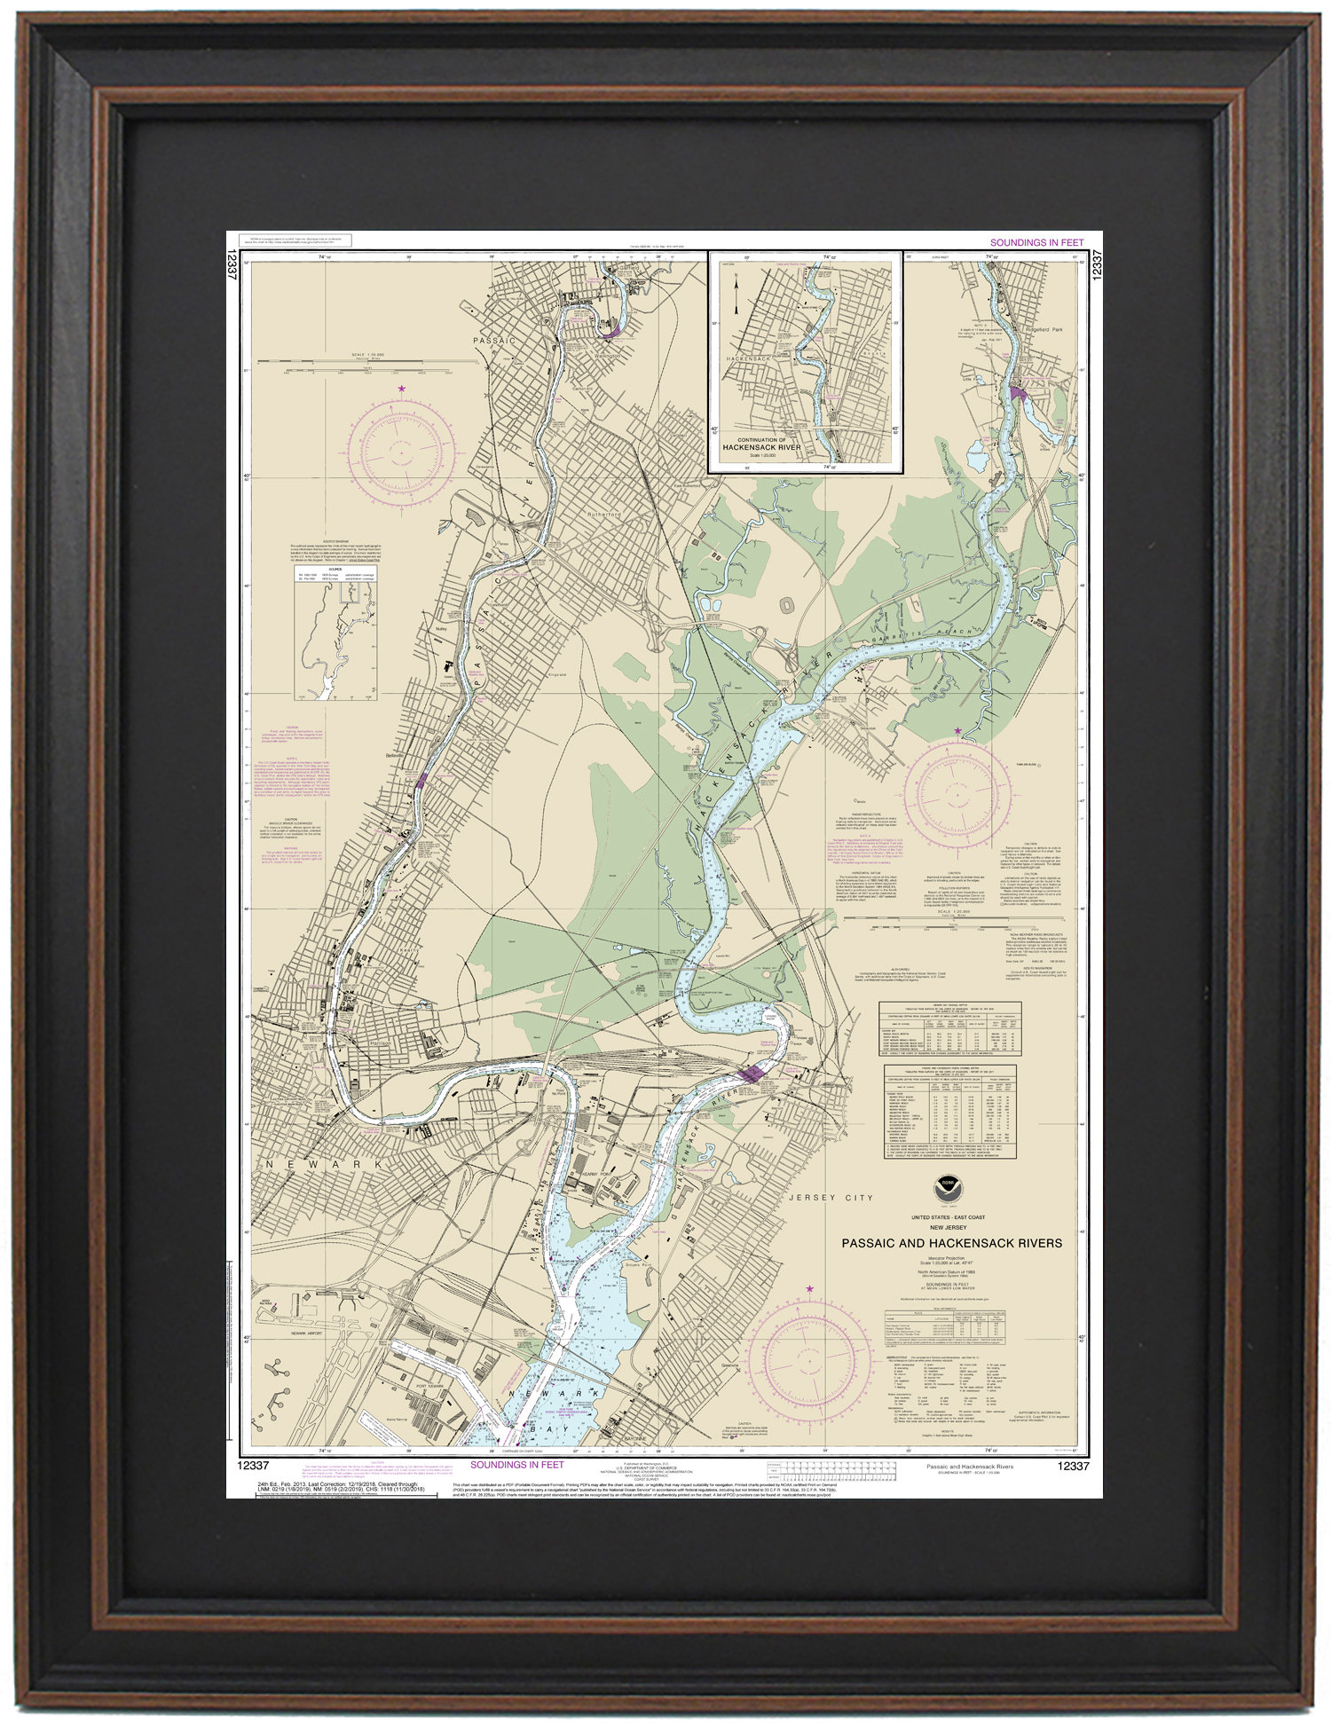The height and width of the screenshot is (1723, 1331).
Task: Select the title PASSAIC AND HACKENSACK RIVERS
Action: pyautogui.click(x=951, y=1243)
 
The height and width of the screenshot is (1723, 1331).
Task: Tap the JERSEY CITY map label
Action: pyautogui.click(x=831, y=1198)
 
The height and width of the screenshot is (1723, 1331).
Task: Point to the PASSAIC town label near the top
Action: pyautogui.click(x=494, y=341)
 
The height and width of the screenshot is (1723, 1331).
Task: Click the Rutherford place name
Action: pyautogui.click(x=604, y=515)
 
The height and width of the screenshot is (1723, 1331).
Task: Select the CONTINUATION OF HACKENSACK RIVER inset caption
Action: pyautogui.click(x=761, y=444)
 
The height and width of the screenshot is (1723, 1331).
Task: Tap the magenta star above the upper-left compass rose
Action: pyautogui.click(x=402, y=389)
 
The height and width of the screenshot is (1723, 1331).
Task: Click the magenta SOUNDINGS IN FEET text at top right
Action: pyautogui.click(x=1036, y=242)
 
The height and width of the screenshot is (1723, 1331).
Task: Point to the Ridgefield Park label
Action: pyautogui.click(x=1044, y=329)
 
